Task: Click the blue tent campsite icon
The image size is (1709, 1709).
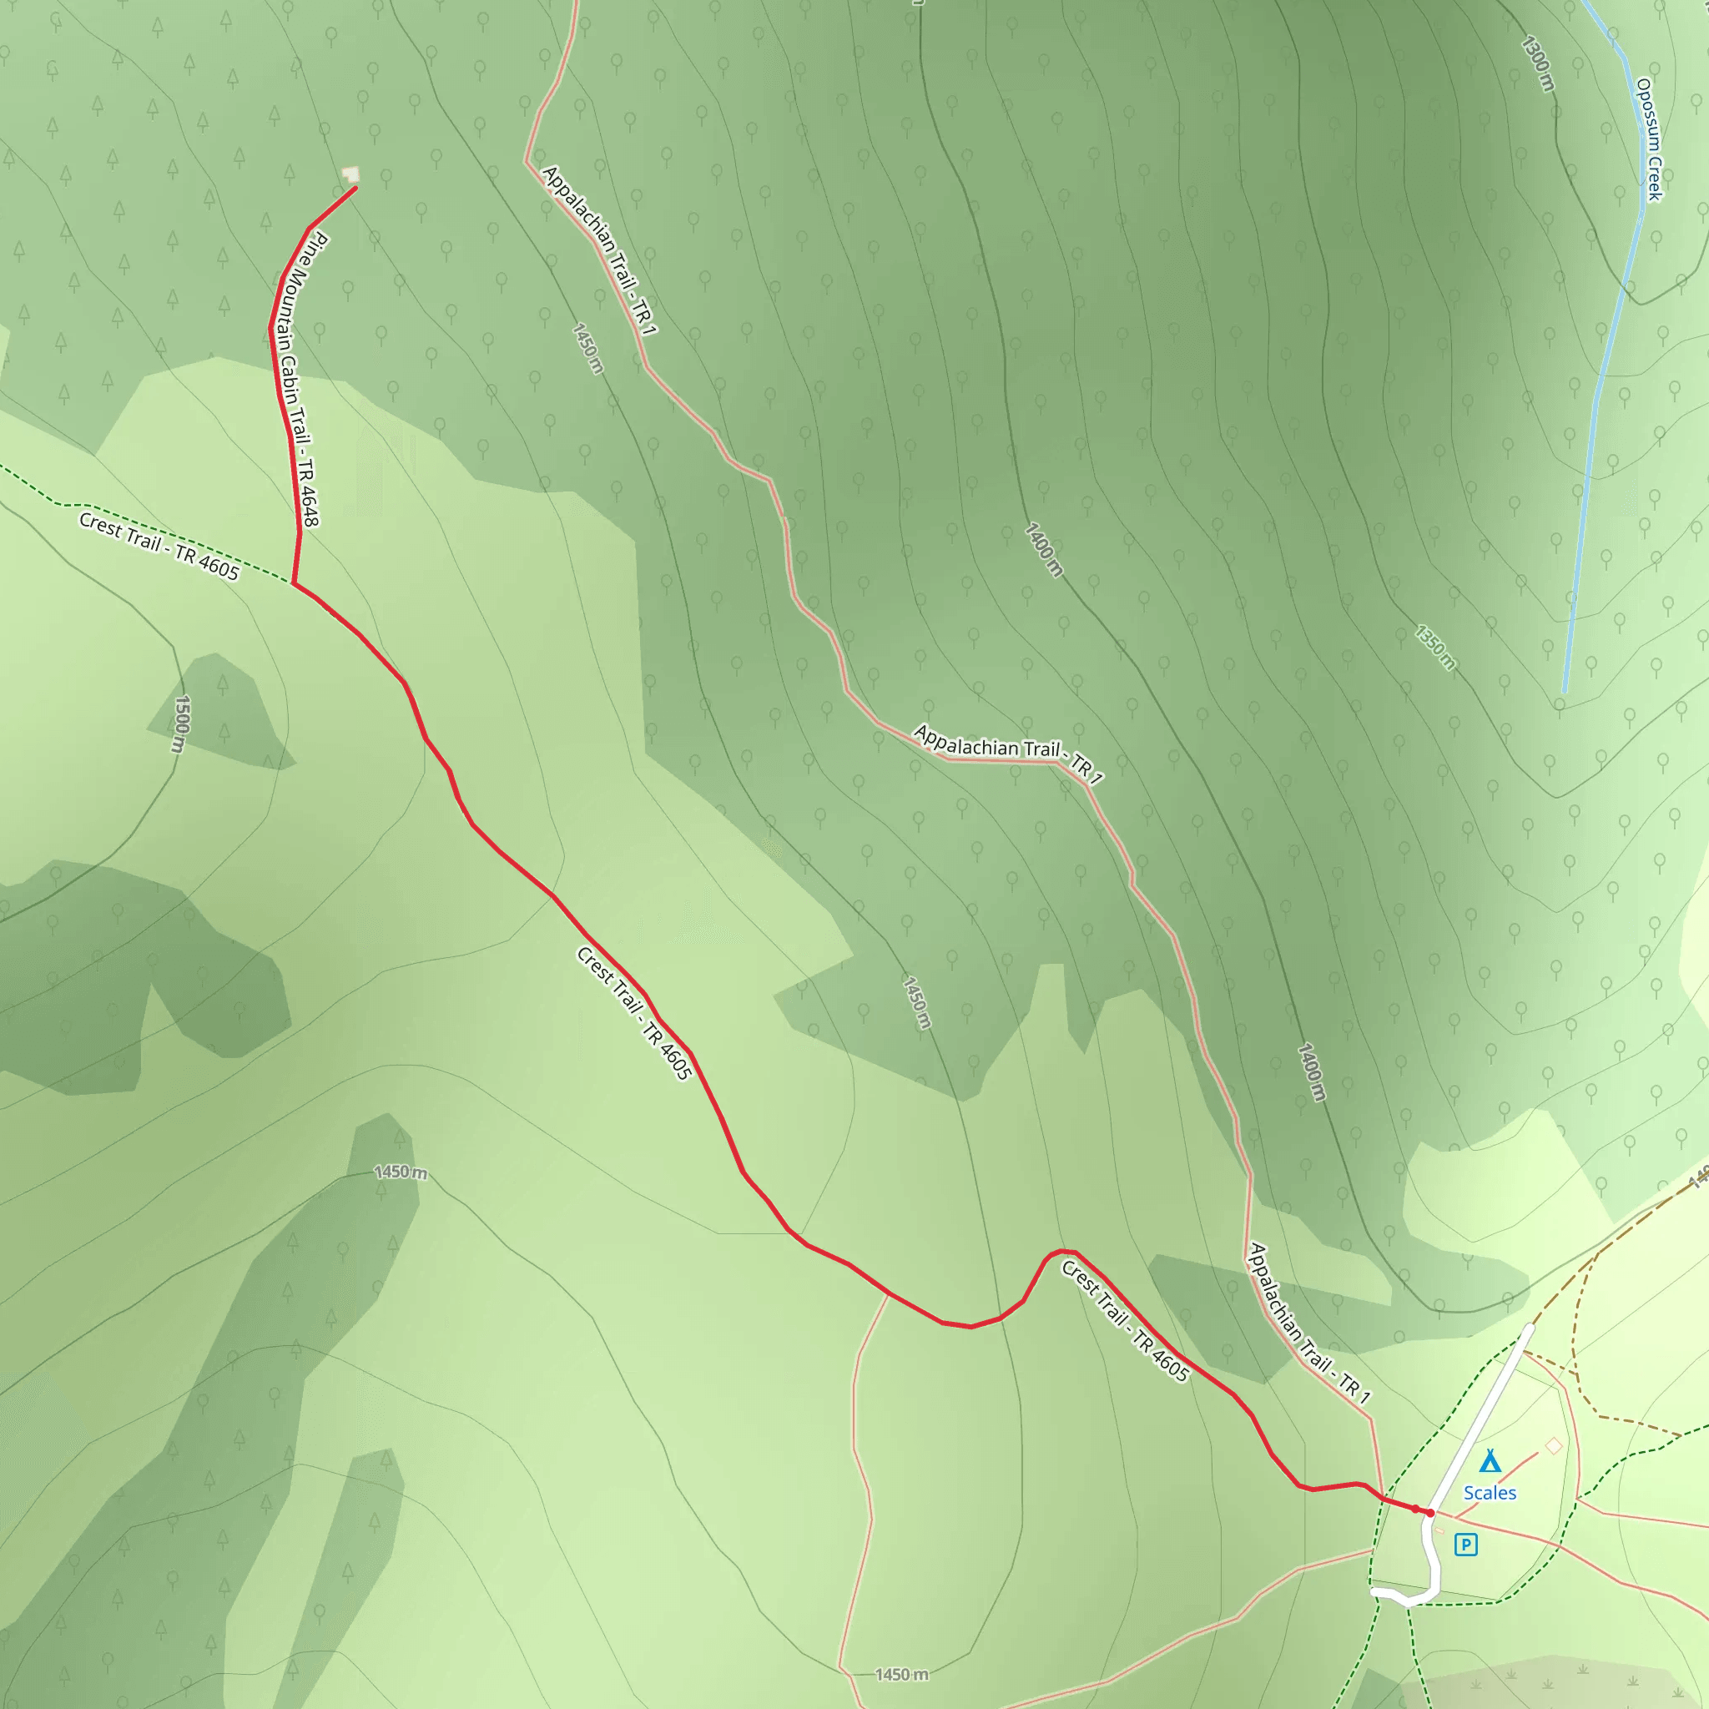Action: coord(1490,1460)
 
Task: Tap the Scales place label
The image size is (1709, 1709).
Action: coord(1490,1493)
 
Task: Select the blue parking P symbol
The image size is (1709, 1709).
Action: coord(1465,1545)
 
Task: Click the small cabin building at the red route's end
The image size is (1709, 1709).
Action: coord(352,174)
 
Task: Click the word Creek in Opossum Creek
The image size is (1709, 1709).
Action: coord(1654,179)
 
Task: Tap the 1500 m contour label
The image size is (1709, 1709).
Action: coord(180,724)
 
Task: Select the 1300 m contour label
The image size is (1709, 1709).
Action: coord(1538,63)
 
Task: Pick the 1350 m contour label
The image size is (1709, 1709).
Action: coord(1434,648)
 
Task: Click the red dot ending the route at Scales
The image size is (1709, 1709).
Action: coord(1430,1514)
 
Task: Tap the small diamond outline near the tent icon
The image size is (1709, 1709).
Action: coord(1553,1445)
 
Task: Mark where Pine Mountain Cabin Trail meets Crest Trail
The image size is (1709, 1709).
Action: coord(294,584)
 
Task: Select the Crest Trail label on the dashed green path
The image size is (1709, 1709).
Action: coord(159,547)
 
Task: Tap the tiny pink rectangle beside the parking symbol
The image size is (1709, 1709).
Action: coord(1440,1530)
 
